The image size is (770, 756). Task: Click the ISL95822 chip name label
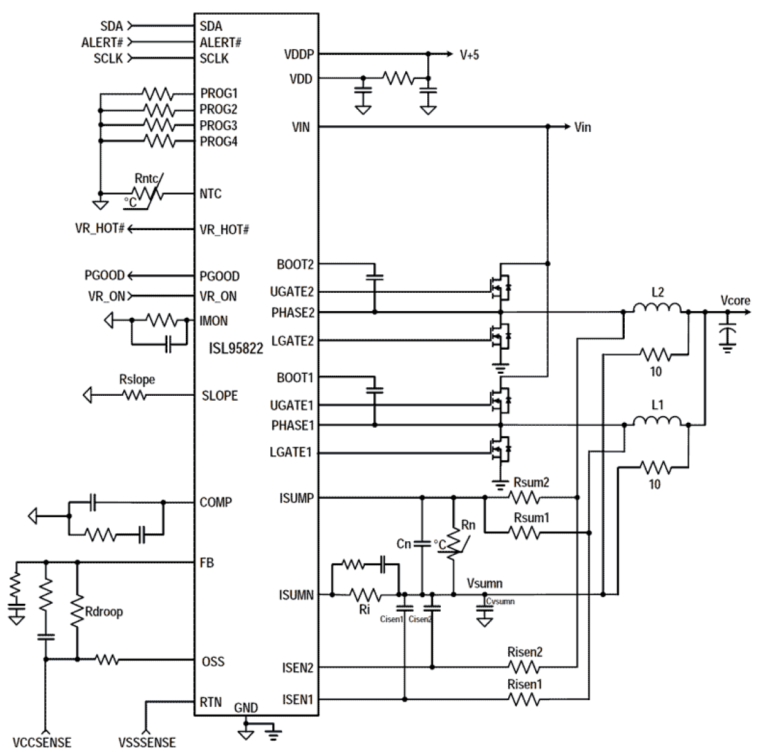point(236,349)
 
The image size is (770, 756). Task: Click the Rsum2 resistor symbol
point(525,498)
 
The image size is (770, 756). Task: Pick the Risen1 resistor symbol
point(525,699)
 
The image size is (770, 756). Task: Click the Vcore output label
point(735,300)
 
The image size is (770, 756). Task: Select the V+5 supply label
point(470,55)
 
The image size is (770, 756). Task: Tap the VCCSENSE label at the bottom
point(44,742)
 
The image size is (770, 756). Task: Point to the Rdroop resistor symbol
point(77,611)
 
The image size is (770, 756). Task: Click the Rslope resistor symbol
point(135,396)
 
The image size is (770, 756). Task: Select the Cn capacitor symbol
point(422,544)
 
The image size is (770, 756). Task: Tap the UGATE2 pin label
point(292,291)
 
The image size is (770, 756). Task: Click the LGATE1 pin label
point(291,453)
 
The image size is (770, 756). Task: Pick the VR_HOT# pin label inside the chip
point(224,229)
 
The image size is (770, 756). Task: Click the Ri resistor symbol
point(365,594)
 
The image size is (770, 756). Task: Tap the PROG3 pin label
point(219,125)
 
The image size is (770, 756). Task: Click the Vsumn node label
point(484,582)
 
